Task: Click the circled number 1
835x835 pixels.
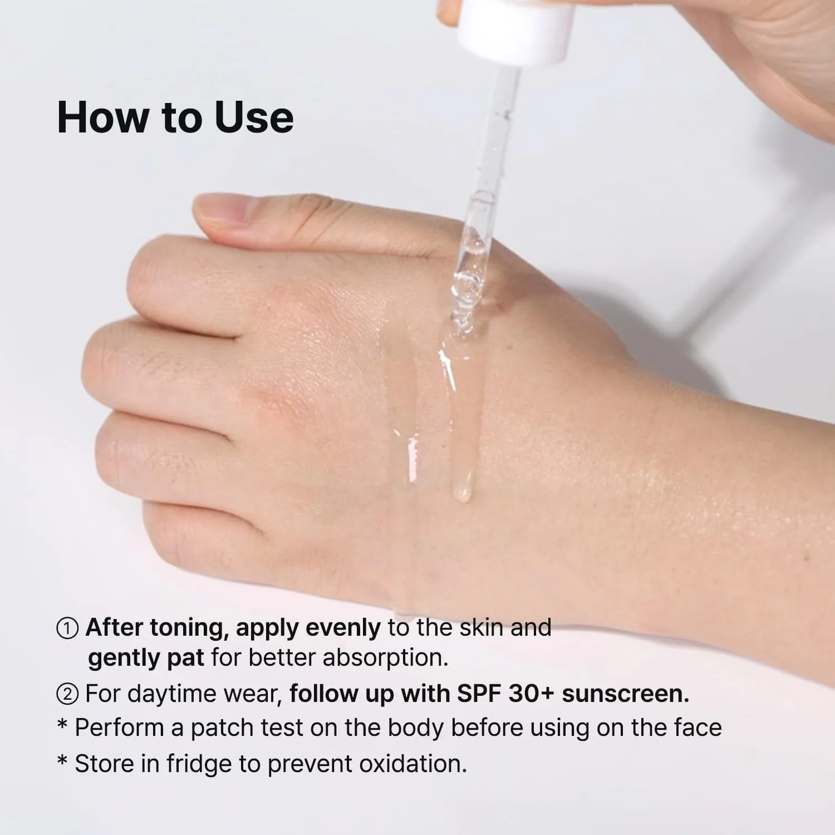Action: [x=67, y=628]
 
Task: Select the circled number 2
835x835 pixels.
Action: [x=67, y=694]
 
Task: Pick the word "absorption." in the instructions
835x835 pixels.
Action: [x=386, y=658]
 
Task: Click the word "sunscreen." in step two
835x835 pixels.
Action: [x=626, y=694]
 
